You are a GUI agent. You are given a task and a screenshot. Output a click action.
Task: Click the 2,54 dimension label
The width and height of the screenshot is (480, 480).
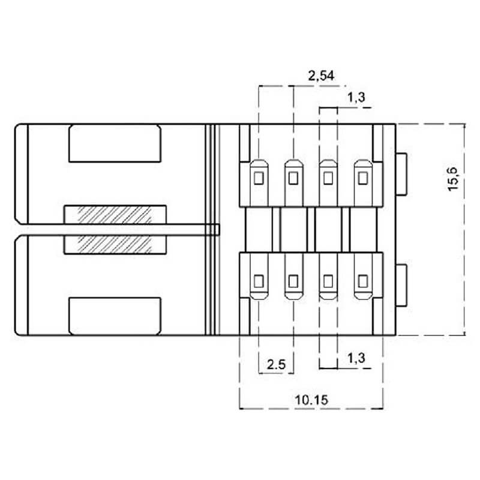click(x=320, y=76)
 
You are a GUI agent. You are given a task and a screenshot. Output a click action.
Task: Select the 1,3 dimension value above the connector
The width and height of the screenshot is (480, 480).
click(x=356, y=98)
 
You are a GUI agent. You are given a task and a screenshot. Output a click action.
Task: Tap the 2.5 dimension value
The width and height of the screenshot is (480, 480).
click(x=276, y=364)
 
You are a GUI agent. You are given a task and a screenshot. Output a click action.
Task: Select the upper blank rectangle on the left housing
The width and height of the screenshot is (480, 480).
click(x=115, y=143)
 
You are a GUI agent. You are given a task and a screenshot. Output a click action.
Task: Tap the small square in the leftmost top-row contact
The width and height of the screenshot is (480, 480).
click(x=259, y=178)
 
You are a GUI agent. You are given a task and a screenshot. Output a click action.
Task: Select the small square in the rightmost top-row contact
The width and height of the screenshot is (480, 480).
click(x=362, y=178)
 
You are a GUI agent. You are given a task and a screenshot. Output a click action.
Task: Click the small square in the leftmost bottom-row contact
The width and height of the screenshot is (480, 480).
click(x=259, y=280)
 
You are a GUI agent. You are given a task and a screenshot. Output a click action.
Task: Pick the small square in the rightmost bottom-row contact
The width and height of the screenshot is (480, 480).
click(x=362, y=280)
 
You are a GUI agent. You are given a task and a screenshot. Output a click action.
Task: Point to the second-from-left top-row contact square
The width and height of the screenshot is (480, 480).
click(x=293, y=178)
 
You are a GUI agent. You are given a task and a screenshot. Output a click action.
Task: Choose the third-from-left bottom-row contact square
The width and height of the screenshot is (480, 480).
click(x=328, y=280)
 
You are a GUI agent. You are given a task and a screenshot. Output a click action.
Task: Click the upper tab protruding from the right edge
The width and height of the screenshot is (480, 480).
click(x=402, y=173)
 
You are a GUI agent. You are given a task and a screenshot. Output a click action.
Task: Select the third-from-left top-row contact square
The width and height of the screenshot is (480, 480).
click(x=328, y=178)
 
